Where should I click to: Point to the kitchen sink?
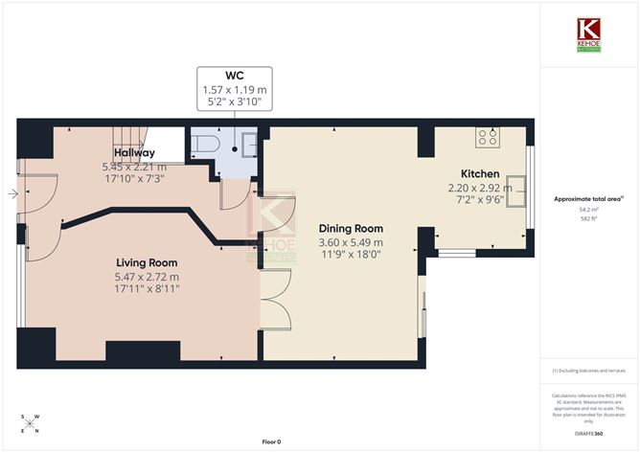click(517, 188)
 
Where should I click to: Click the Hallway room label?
click(134, 152)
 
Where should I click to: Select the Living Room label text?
click(147, 262)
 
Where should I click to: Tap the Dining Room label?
click(351, 229)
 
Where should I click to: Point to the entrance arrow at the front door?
click(11, 194)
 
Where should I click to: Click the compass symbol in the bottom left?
click(30, 424)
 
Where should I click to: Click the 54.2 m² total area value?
click(588, 209)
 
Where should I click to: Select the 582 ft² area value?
click(588, 219)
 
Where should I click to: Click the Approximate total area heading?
click(587, 198)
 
